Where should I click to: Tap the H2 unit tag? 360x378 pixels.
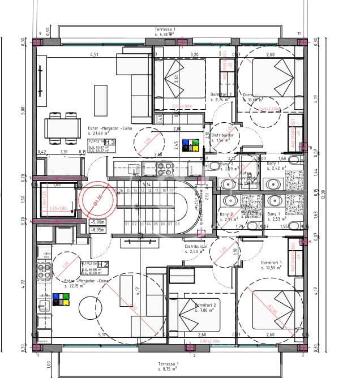[x=102, y=264]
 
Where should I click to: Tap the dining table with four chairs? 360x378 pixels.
[x=62, y=127]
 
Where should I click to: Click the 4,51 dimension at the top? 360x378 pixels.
[x=94, y=55]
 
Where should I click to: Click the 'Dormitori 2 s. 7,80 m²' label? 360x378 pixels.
[x=204, y=308]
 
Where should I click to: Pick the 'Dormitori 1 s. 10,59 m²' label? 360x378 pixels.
[x=276, y=266]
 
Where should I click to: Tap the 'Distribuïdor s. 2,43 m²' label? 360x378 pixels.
[x=195, y=250]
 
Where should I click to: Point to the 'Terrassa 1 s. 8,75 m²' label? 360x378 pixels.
[x=169, y=366]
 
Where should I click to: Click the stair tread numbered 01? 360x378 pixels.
[x=126, y=224]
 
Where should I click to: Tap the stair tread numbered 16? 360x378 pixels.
[x=121, y=191]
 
